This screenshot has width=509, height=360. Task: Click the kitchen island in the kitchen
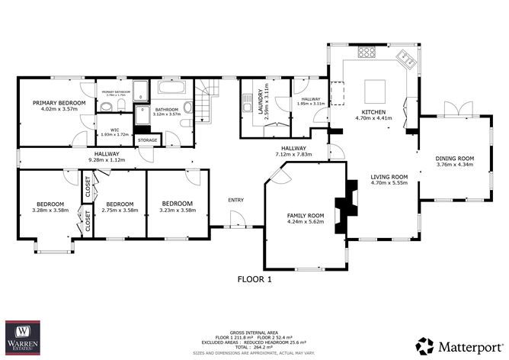point(374,92)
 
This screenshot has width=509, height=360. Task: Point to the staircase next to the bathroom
point(206,98)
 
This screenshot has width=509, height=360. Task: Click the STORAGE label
point(147,140)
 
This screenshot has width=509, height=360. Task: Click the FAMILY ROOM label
point(305,215)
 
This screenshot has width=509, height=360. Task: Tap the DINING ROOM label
point(455,158)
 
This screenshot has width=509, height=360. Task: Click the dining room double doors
point(455,113)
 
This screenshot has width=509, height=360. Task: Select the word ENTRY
point(236,200)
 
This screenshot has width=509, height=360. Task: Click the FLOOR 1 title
point(254,279)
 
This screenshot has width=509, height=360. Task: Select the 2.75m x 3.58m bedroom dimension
point(120,210)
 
